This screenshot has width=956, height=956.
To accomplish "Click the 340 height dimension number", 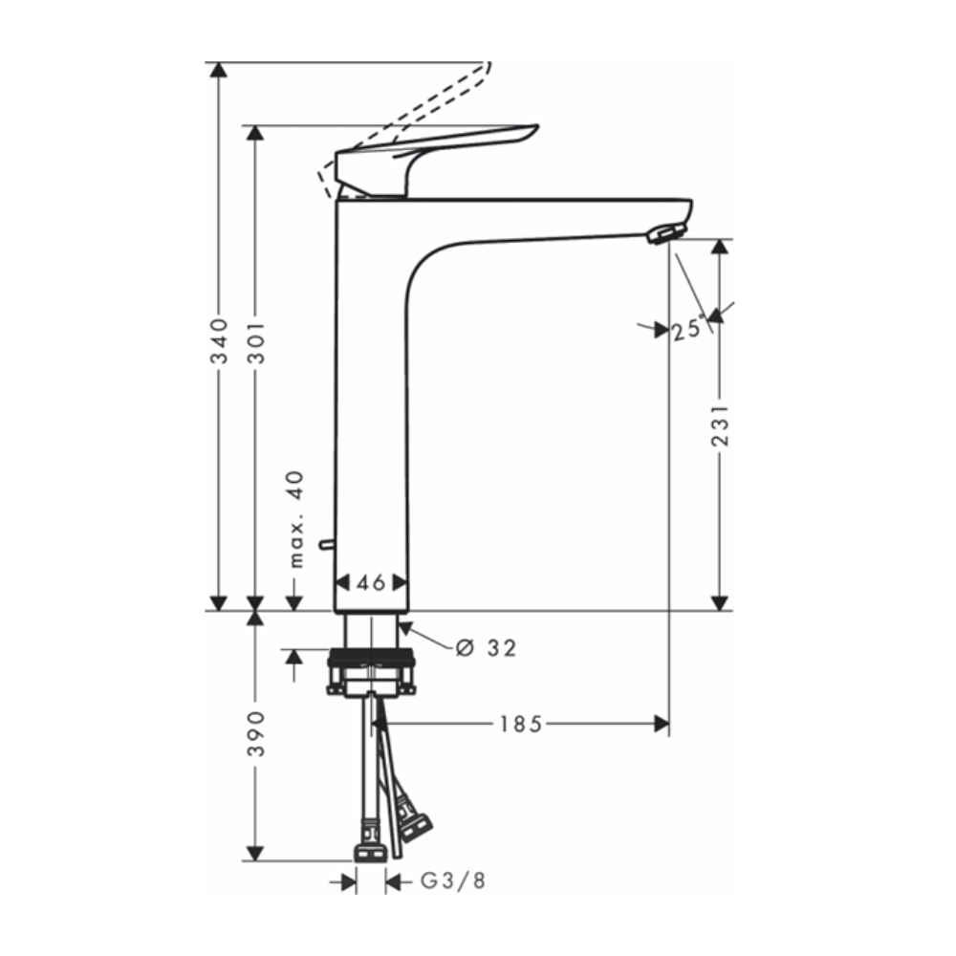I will point(220,341).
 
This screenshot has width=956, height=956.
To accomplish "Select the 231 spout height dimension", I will point(721,424).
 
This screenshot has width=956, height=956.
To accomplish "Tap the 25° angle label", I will point(690,331).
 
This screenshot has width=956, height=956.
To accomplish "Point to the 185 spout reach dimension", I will point(521,724).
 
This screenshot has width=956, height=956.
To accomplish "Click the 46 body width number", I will point(371,582).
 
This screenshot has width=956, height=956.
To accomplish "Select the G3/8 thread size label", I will point(454,881).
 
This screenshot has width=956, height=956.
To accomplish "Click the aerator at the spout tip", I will point(665,232).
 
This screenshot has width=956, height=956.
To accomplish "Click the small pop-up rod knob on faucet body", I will point(327,544).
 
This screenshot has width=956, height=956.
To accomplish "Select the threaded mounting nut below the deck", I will point(372,660).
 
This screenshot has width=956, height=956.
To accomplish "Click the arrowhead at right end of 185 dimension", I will point(662,724).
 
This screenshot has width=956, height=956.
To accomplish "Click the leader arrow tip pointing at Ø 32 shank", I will point(401,625).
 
